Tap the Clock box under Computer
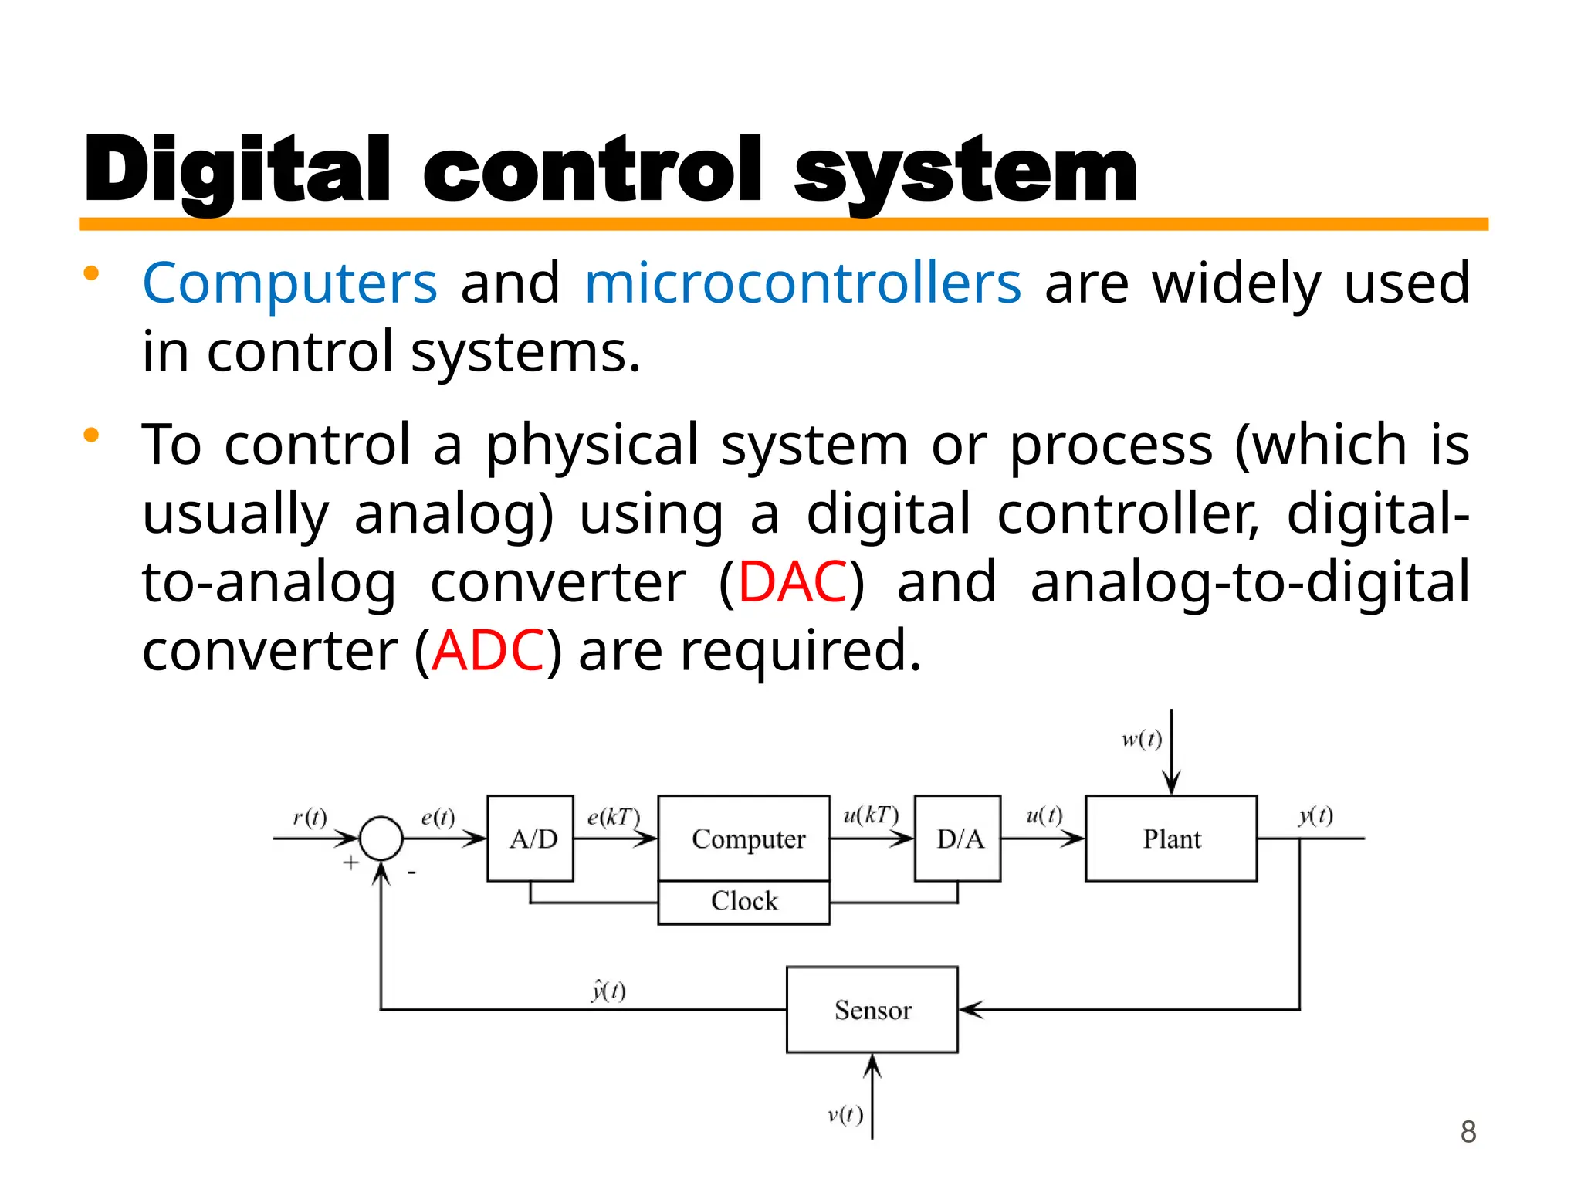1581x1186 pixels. click(744, 902)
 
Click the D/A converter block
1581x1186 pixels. click(958, 839)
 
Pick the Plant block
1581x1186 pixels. click(1171, 839)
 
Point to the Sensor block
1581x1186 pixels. click(872, 1010)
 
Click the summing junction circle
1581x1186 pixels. click(381, 839)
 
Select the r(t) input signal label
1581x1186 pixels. click(310, 818)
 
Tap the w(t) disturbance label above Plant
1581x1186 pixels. click(1142, 740)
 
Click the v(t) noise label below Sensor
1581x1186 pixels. click(845, 1114)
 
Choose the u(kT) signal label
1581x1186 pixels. click(871, 815)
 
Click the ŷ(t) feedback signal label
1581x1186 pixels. click(608, 990)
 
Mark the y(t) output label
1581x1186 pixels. click(1315, 815)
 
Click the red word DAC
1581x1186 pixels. click(793, 582)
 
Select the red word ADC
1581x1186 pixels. click(489, 651)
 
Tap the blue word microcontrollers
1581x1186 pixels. click(803, 283)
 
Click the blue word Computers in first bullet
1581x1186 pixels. click(290, 283)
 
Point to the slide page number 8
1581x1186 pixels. click(1468, 1132)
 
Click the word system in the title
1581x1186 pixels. click(965, 171)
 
